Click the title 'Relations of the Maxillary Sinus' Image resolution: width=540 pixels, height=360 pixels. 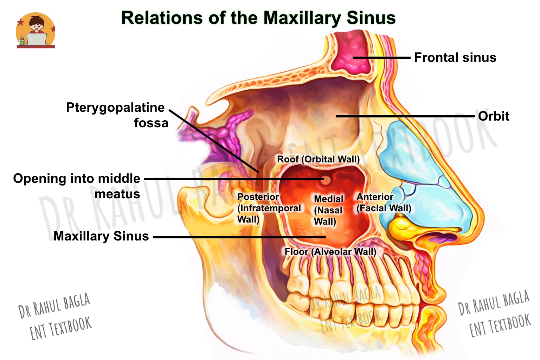pos(258,18)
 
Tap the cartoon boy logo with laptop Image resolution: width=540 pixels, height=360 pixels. pos(36,30)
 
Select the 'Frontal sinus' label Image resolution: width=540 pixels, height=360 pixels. pos(455,58)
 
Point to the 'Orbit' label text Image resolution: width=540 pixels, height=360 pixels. pos(494,116)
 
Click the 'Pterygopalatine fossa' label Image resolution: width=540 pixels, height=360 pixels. pos(117,115)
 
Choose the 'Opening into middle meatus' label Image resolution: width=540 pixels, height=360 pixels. pos(77,186)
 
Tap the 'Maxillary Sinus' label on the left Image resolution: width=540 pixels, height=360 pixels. pos(101,236)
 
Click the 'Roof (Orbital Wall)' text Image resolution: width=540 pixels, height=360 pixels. pos(318,159)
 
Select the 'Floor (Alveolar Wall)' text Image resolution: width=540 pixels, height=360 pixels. pos(330,252)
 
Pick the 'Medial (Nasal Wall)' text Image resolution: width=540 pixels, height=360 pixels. pos(328,210)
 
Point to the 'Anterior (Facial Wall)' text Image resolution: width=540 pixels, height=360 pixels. pos(384,202)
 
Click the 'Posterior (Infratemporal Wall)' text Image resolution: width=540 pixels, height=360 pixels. pos(269,208)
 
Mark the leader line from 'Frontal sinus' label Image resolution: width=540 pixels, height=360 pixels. pos(382,58)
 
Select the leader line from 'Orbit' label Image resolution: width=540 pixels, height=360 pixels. pos(406,116)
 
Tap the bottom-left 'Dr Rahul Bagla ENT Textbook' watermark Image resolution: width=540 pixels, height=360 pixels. pos(55,317)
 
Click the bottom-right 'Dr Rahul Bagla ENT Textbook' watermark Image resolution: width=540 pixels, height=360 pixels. pos(494,314)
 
